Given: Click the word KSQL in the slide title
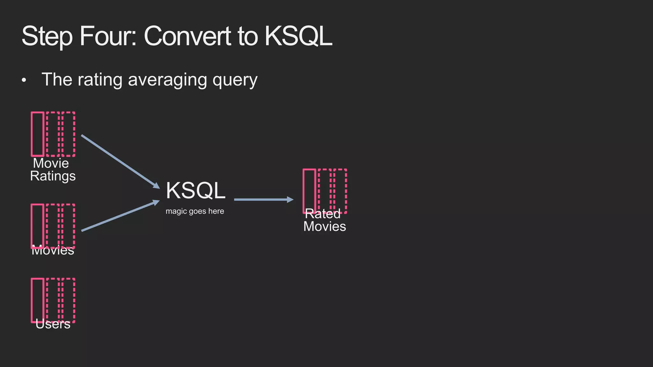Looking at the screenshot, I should tap(298, 36).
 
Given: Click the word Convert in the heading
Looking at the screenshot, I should tap(187, 36).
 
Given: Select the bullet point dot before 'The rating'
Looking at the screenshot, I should tap(24, 81).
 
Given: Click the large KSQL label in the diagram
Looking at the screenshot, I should tap(195, 191).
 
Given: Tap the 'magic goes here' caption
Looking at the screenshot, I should tap(195, 211).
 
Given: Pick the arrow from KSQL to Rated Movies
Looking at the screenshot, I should tap(263, 200).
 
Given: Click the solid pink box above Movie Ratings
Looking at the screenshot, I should tap(38, 134).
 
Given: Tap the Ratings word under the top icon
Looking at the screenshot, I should tap(53, 176).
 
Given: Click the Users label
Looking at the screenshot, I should tap(53, 324).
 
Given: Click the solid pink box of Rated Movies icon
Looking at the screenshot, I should tap(309, 191).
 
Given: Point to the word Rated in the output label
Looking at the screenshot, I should tap(323, 214).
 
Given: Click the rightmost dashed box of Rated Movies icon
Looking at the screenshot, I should tap(340, 191).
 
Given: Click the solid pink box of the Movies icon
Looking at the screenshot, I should tap(38, 225).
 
